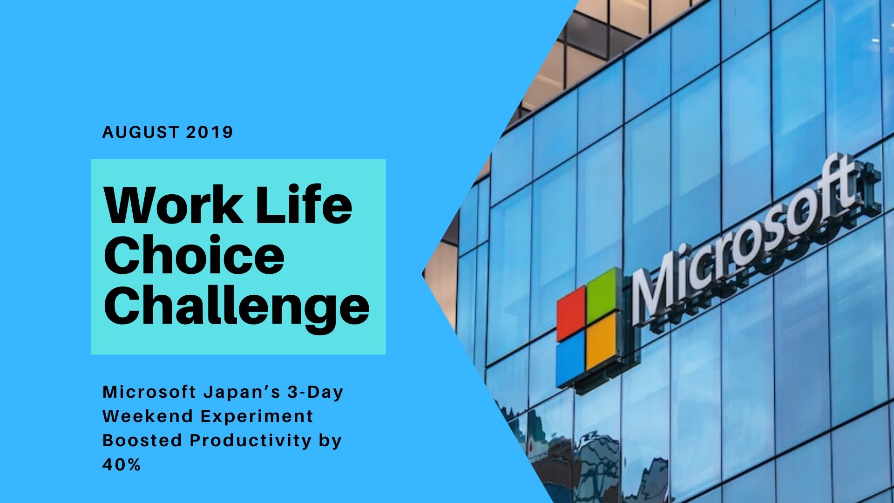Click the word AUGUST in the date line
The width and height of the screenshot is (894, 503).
tap(140, 132)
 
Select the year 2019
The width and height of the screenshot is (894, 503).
tap(209, 132)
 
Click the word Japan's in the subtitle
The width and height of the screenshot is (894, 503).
tap(242, 393)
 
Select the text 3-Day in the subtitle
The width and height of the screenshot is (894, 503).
tap(315, 393)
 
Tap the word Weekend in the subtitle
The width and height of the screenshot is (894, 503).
tap(148, 416)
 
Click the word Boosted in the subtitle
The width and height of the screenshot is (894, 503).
tap(142, 440)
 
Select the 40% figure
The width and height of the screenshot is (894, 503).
tap(122, 464)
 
